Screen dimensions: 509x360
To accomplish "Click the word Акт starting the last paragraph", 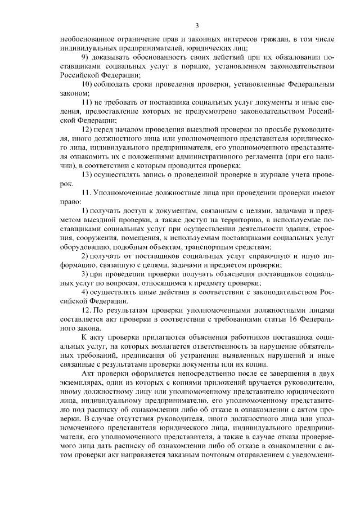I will (x=88, y=372).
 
